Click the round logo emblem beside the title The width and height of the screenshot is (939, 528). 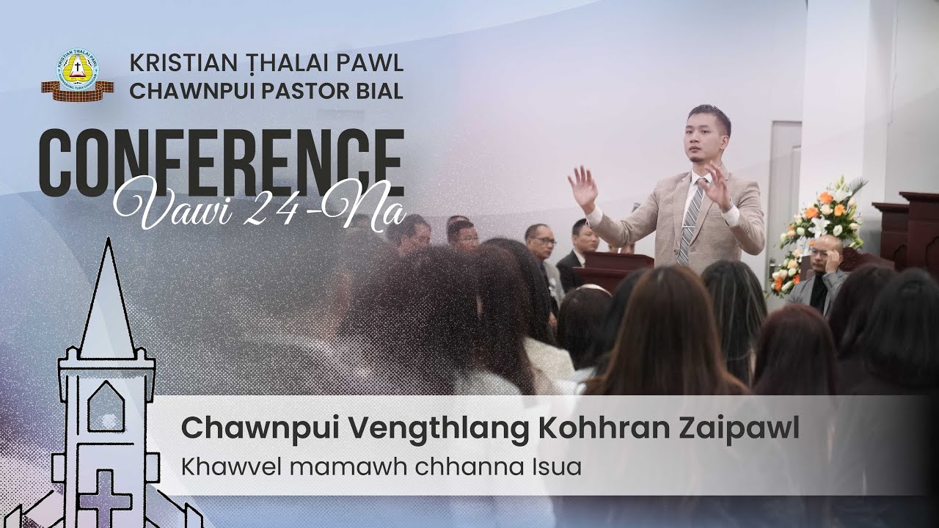[x=77, y=72]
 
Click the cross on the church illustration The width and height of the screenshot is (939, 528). [x=104, y=493]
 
